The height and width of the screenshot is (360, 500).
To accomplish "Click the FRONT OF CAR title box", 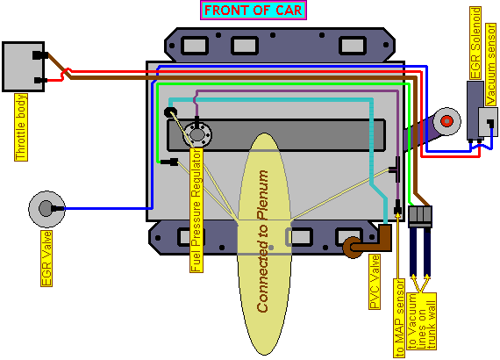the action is (x=254, y=11).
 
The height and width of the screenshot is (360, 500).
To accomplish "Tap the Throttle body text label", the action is (x=21, y=127).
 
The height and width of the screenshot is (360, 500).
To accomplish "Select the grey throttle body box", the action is (x=24, y=67).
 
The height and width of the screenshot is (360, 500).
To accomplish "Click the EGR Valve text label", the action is (x=46, y=258).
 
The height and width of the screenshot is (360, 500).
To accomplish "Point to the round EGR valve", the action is (x=46, y=209).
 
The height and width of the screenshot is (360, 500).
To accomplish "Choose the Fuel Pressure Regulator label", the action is (x=196, y=210).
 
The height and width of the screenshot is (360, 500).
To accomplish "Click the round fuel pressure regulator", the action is (x=197, y=134).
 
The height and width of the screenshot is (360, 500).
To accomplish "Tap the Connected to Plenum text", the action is (x=263, y=241).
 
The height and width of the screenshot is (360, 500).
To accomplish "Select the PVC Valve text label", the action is (x=375, y=282).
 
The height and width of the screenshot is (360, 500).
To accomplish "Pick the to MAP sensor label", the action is (x=399, y=318).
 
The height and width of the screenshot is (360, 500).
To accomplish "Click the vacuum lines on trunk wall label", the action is (x=422, y=321).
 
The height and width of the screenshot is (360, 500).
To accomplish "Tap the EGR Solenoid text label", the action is (x=475, y=43).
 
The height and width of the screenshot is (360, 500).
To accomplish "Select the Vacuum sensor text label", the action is (x=491, y=64).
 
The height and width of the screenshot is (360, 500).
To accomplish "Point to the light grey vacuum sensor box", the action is (x=488, y=122).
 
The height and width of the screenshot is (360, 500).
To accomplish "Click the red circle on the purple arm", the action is (x=446, y=121).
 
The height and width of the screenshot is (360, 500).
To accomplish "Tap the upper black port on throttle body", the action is (x=40, y=55).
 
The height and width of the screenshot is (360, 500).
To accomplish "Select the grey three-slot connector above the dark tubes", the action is (x=420, y=216).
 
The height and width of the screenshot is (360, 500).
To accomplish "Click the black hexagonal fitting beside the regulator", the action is (x=170, y=112).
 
